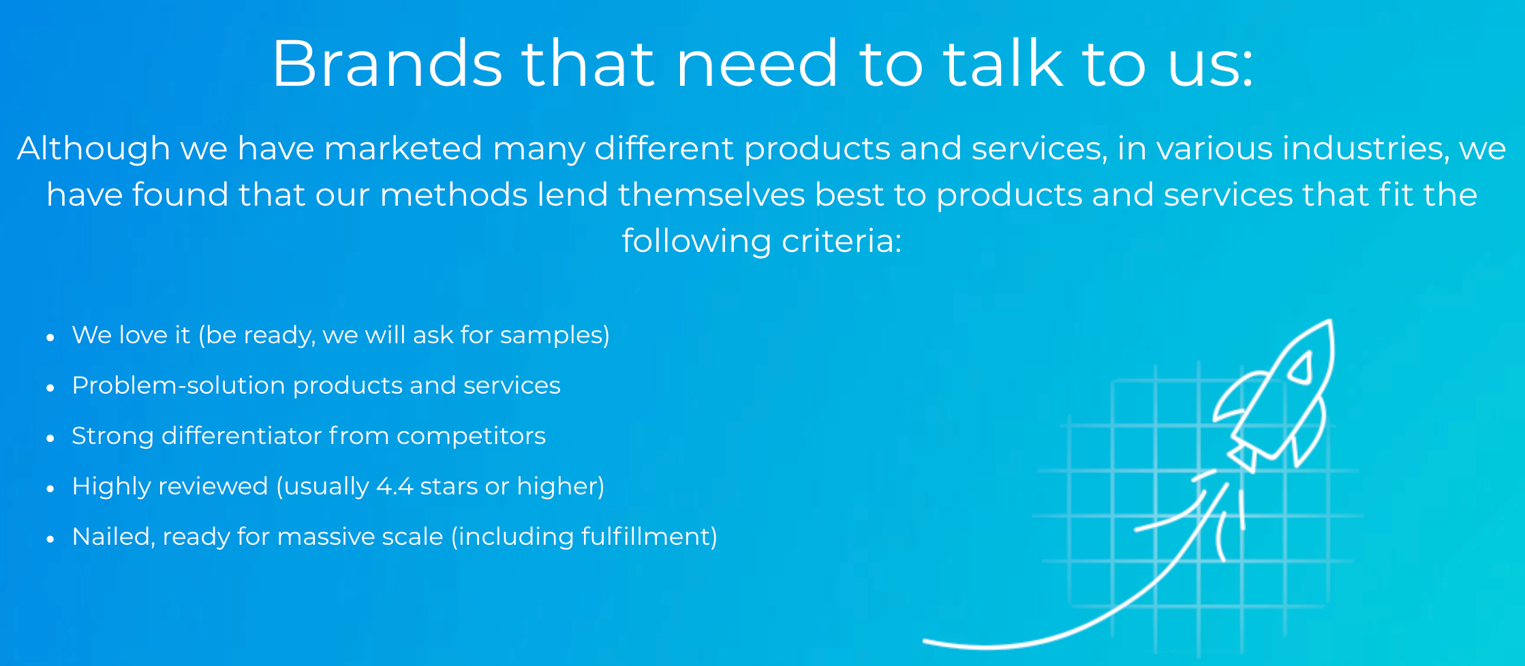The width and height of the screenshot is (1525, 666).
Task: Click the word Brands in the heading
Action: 387,63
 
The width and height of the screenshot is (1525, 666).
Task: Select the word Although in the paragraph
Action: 93,148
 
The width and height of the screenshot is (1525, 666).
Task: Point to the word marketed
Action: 403,148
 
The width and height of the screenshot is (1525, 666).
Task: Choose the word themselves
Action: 711,195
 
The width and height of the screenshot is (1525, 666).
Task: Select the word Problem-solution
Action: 179,385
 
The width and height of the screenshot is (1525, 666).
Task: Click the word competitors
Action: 471,437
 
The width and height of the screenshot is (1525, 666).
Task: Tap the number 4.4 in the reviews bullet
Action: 395,486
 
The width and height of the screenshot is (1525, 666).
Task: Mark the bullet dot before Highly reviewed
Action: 50,488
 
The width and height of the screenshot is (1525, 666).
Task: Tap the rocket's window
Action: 1301,368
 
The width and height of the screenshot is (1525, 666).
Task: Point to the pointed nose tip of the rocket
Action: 1330,321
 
